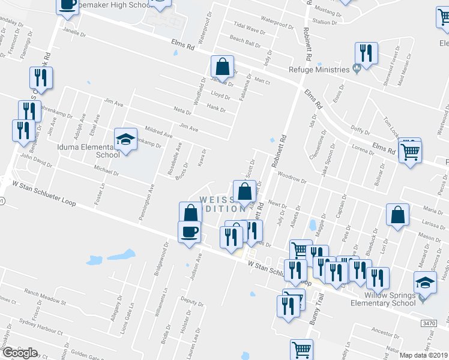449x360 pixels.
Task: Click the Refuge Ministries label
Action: point(319,70)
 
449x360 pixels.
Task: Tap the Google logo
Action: point(20,353)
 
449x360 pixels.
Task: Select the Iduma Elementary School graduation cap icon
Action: point(125,140)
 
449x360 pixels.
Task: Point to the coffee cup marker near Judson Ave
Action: point(189,232)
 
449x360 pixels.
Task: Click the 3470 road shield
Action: point(429,323)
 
